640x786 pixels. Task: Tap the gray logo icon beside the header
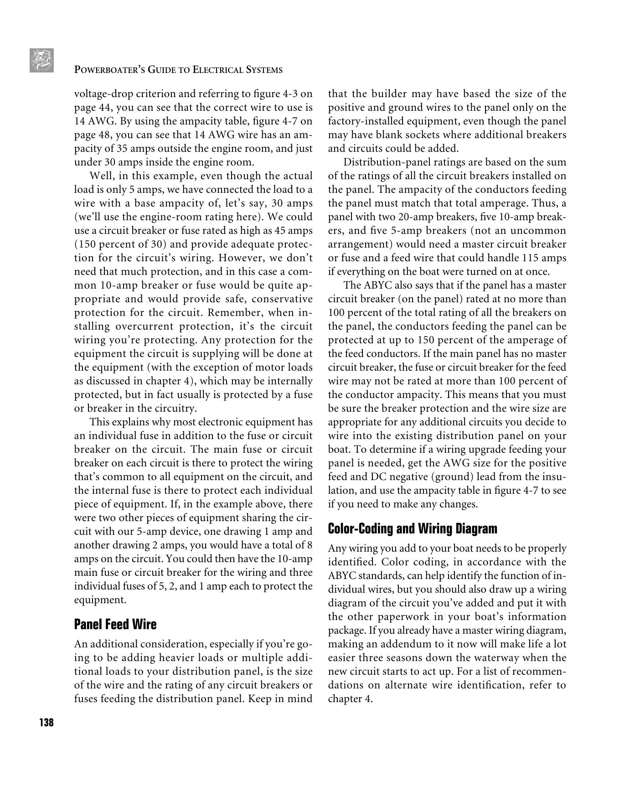click(42, 60)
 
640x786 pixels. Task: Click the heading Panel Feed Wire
click(115, 624)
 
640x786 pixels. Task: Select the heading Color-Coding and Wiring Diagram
click(413, 529)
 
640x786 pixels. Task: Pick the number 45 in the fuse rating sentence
click(280, 231)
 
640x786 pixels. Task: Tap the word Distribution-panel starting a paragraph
click(384, 162)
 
